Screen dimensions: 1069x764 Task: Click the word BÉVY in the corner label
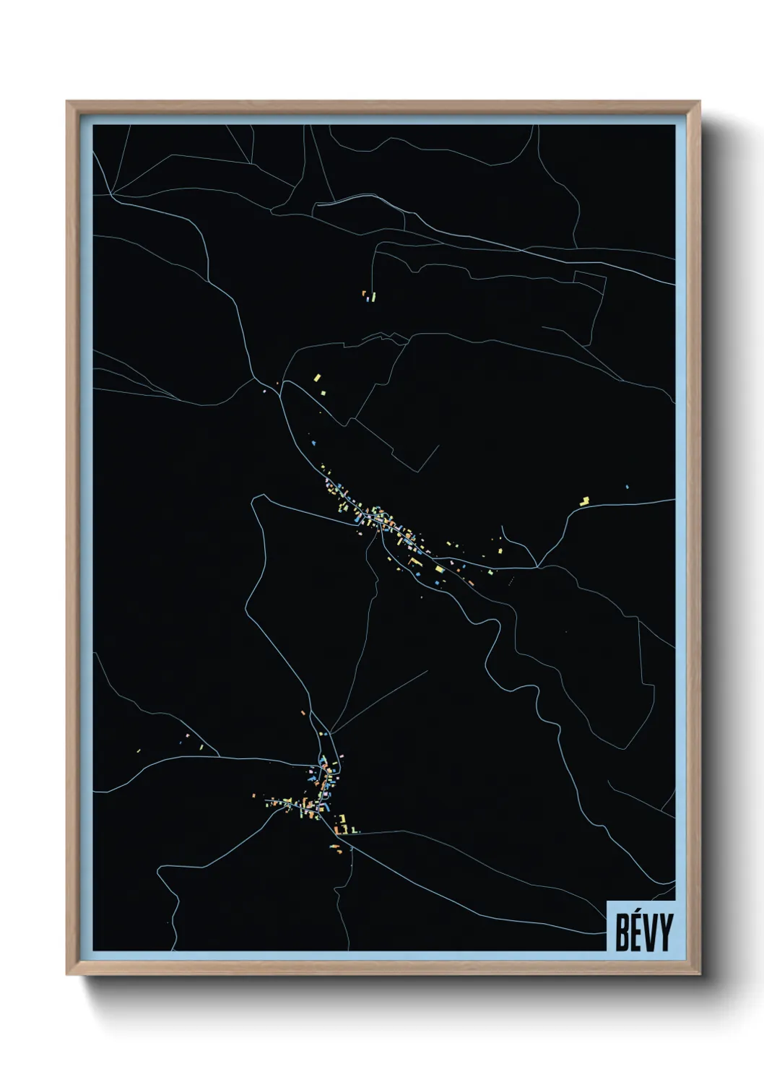(x=643, y=932)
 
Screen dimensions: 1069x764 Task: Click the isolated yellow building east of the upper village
(x=585, y=500)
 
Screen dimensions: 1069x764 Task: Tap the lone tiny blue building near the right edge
(x=627, y=487)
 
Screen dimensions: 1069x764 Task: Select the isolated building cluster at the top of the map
(x=369, y=295)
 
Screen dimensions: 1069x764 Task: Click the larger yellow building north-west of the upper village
(x=316, y=378)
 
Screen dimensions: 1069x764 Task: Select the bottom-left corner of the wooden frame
(x=69, y=974)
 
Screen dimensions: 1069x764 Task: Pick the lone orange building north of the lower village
(x=303, y=713)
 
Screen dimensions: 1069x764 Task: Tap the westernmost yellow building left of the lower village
(x=254, y=795)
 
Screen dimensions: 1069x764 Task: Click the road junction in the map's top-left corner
(x=113, y=194)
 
